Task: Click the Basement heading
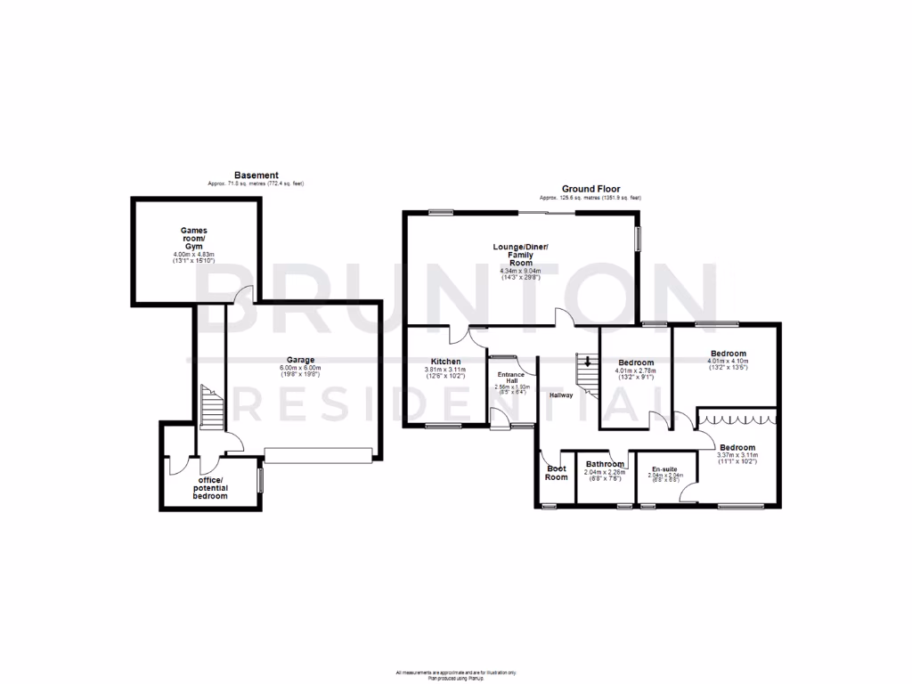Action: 256,175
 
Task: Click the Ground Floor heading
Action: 590,189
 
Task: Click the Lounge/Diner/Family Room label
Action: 521,255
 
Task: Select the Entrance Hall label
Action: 512,379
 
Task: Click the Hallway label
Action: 560,395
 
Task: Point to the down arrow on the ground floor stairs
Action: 587,362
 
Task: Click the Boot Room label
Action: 556,472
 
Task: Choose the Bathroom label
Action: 605,464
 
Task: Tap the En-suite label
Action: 665,469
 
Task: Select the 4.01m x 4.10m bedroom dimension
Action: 728,362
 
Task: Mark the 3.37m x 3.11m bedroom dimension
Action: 737,456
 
